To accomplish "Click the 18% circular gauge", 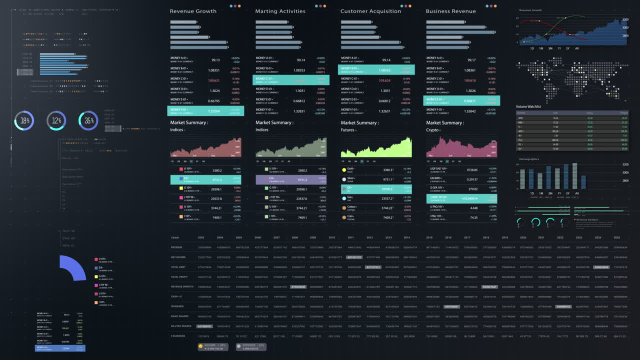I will click(24, 120).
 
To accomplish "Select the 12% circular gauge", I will click(56, 120).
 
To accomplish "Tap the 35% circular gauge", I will click(88, 120).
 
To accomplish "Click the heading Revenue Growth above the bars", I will click(193, 11).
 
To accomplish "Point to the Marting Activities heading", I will click(280, 11).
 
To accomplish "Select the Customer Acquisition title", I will click(370, 11).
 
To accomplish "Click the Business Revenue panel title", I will click(450, 11).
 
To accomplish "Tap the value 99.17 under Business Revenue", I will click(471, 60).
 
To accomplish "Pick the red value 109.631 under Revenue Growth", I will click(213, 80).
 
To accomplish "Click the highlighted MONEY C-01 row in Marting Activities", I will click(291, 80).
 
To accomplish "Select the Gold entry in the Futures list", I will click(350, 169).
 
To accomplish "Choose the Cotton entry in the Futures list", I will click(352, 207).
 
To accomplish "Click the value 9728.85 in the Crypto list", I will click(472, 170).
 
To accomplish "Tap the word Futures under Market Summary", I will click(348, 130).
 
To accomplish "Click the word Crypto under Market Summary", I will click(432, 130).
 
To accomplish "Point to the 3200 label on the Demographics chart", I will click(625, 164).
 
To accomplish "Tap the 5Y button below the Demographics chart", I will click(567, 193).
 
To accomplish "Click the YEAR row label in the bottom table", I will click(174, 237).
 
